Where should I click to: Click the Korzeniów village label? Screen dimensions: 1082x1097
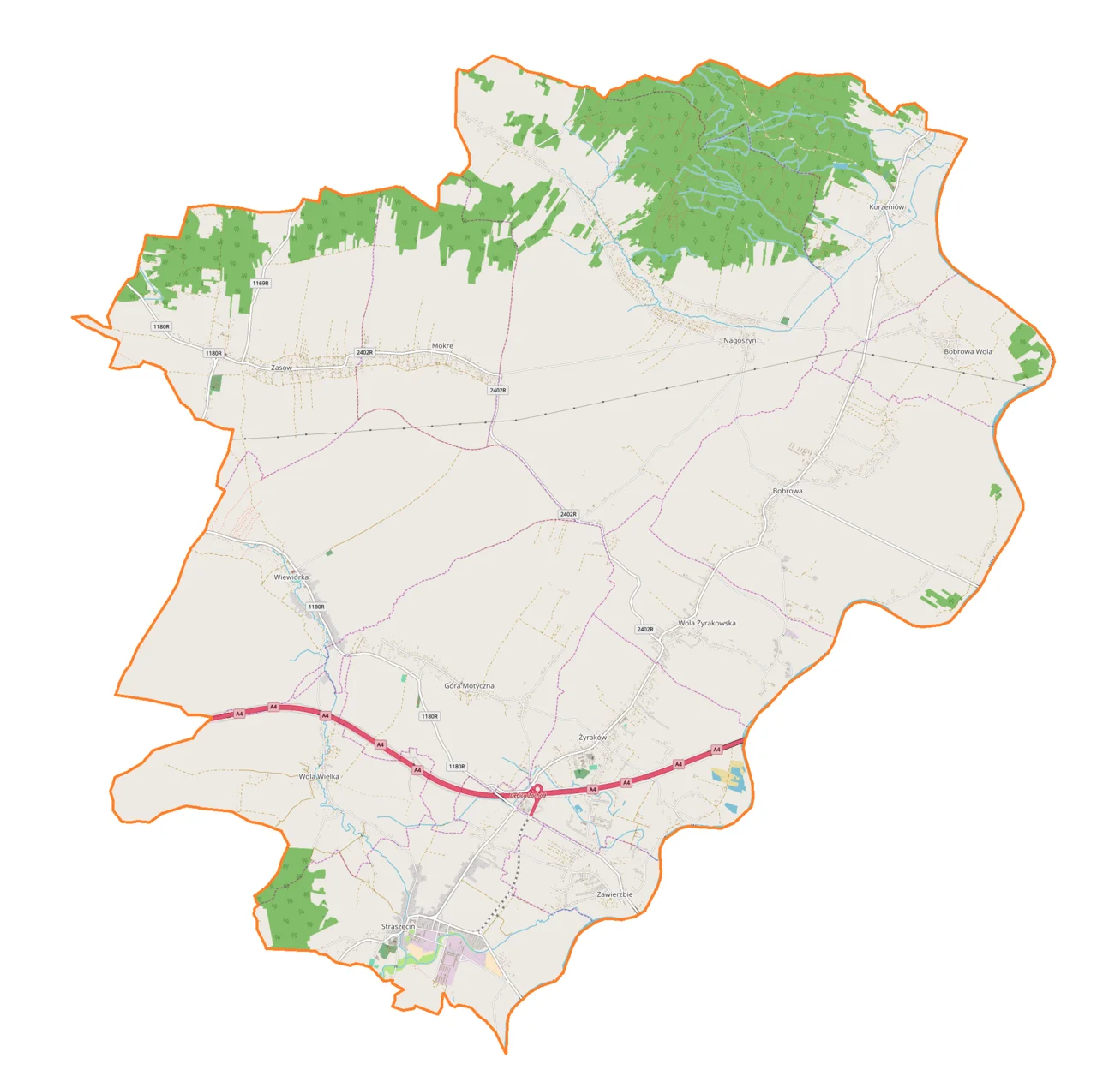pos(886,207)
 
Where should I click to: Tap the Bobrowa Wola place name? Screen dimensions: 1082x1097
pos(968,351)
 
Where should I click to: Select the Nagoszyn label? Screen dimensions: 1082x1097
pos(740,340)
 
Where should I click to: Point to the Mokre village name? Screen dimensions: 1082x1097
pos(442,346)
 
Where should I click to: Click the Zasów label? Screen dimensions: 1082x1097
pos(281,368)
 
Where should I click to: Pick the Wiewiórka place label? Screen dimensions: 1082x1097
pos(291,577)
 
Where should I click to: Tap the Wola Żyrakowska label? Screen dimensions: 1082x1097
pos(706,623)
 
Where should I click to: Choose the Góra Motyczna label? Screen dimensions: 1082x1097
pos(469,686)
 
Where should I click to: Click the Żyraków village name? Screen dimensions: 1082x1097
pos(592,738)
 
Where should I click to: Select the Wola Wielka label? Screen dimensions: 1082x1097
pos(319,776)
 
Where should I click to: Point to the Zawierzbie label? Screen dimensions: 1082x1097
pos(614,894)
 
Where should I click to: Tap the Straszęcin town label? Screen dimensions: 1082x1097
pos(398,927)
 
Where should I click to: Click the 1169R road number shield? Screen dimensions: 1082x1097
pos(261,283)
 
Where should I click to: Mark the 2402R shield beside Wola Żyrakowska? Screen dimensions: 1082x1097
pos(645,630)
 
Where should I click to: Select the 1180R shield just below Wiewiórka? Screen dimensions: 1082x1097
pos(316,607)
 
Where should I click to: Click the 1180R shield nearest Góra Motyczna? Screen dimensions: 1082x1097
pos(429,716)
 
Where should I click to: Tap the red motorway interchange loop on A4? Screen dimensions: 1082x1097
pos(537,789)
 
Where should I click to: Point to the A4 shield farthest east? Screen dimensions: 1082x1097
pos(716,750)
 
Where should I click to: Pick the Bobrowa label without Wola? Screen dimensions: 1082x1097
pos(788,491)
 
